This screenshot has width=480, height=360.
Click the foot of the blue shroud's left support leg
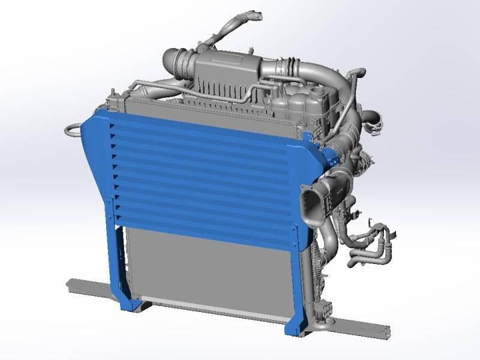click(129, 304)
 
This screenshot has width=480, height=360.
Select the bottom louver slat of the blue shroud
click(204, 217)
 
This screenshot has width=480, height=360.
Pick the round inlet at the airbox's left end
click(170, 60)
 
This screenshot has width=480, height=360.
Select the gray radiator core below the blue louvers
click(210, 264)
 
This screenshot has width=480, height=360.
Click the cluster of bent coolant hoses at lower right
click(372, 246)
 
